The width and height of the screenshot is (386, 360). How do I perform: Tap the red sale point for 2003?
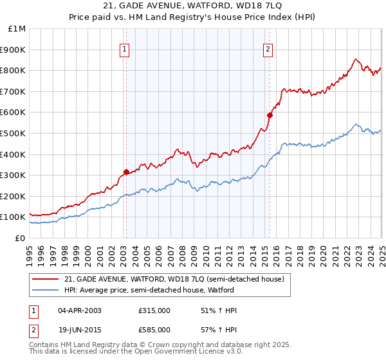(x=126, y=172)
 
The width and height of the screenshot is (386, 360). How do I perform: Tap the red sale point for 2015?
(x=270, y=115)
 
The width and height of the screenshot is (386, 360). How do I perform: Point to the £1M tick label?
(x=17, y=28)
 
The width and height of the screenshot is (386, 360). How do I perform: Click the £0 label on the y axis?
(x=20, y=238)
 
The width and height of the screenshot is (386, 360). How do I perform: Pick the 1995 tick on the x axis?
(x=30, y=251)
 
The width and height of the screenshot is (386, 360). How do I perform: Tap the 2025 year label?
(x=381, y=251)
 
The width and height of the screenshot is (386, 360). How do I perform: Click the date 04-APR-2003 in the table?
(x=80, y=310)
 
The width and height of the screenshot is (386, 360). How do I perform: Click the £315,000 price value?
(x=154, y=310)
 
